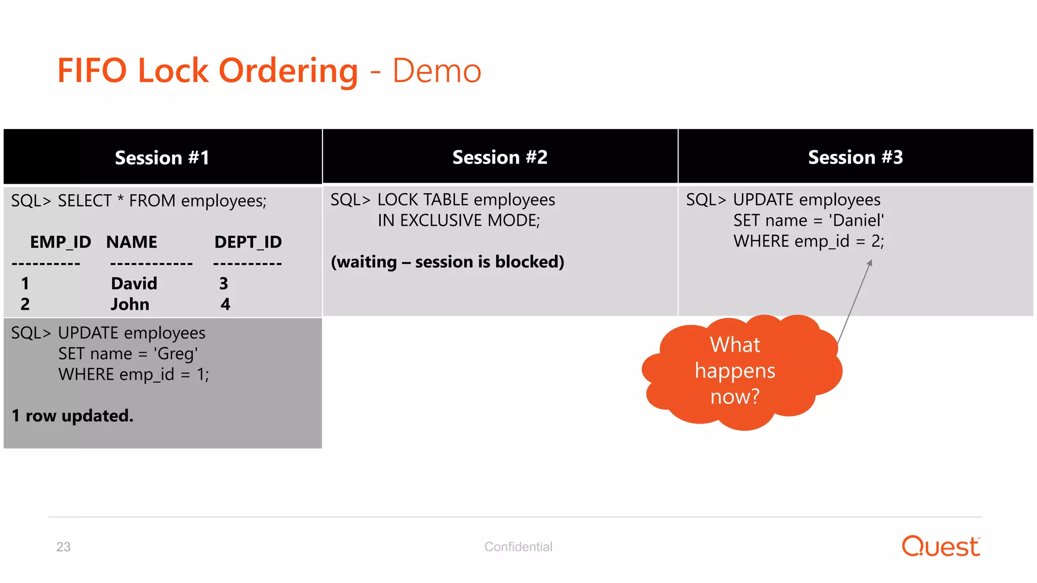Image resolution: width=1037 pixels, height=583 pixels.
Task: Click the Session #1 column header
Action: [162, 157]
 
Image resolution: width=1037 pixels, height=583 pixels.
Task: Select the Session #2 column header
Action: [500, 157]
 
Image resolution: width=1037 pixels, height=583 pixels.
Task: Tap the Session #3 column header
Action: [855, 157]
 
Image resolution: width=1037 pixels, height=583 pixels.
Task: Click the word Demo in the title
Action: [436, 71]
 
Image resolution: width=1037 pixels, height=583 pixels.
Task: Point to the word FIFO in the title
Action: [92, 70]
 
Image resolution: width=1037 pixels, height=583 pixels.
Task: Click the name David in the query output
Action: [134, 283]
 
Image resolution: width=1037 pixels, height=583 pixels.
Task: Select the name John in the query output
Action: [130, 304]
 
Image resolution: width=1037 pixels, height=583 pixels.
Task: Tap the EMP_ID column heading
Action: [60, 242]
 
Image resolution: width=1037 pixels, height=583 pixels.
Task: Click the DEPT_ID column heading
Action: [248, 242]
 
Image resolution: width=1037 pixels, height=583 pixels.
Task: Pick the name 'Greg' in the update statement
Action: [176, 353]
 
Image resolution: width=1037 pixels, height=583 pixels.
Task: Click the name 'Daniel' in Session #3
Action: [856, 221]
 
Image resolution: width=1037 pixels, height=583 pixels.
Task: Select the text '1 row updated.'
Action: [72, 415]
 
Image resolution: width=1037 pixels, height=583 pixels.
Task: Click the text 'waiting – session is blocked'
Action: [447, 262]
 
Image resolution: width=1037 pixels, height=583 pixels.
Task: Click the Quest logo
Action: [941, 546]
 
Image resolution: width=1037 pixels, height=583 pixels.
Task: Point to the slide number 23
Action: [63, 547]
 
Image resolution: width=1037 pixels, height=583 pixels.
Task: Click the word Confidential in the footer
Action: [518, 547]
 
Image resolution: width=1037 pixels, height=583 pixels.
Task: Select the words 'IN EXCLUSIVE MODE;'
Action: [459, 221]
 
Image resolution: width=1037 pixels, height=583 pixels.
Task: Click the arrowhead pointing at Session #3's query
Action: [869, 263]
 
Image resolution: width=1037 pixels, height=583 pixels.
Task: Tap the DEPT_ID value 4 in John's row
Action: [225, 304]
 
